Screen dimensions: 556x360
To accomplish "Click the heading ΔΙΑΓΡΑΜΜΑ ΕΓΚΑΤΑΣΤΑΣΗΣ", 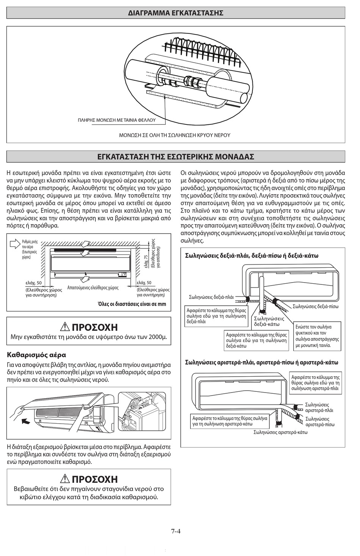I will click(175, 13).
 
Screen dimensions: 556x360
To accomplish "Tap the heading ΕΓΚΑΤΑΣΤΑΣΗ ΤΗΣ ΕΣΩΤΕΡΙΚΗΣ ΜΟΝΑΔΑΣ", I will click(175, 157).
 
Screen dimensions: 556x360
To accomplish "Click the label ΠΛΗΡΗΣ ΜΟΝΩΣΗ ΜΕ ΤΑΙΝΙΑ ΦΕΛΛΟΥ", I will click(117, 120).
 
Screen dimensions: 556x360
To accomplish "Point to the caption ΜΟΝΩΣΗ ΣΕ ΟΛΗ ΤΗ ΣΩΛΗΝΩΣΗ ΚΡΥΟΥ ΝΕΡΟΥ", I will click(175, 135).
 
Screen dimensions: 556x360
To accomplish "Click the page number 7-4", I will click(175, 531).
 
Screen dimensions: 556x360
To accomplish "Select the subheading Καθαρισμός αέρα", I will click(37, 355).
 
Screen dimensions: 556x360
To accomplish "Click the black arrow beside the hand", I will click(26, 421).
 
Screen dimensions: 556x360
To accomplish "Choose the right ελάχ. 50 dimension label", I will click(144, 283).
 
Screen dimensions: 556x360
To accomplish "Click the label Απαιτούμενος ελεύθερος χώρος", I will click(93, 288).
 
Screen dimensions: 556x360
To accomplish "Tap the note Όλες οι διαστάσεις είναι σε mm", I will click(132, 304).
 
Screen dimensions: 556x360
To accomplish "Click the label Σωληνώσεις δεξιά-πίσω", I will click(315, 306).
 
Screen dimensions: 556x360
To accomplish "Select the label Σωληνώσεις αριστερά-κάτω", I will click(280, 432).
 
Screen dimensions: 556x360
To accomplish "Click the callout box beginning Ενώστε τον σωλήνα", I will click(318, 336).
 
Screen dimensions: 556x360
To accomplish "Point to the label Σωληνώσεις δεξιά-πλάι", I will click(211, 297).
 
